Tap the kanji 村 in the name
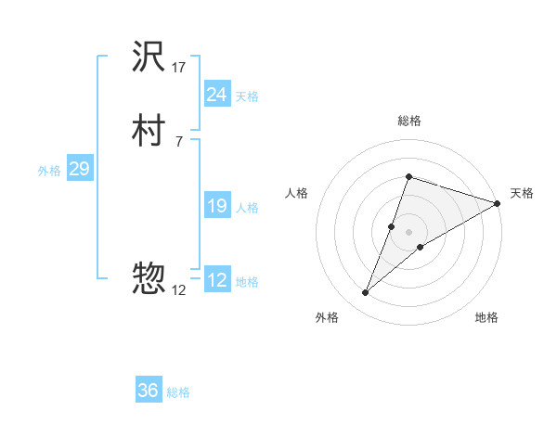point(149,132)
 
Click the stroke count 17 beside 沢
point(179,68)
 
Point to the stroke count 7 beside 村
point(178,141)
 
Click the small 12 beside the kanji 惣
point(178,290)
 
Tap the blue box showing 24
point(216,95)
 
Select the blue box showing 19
point(216,207)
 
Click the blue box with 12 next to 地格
point(216,280)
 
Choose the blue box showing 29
point(79,170)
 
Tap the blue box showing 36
point(149,391)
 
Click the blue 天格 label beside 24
point(247,96)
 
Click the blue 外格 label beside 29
point(49,171)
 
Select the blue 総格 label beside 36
point(178,393)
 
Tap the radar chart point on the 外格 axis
point(365,293)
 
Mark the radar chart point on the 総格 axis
point(408,176)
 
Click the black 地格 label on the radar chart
point(486,317)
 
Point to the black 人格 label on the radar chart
point(297,193)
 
